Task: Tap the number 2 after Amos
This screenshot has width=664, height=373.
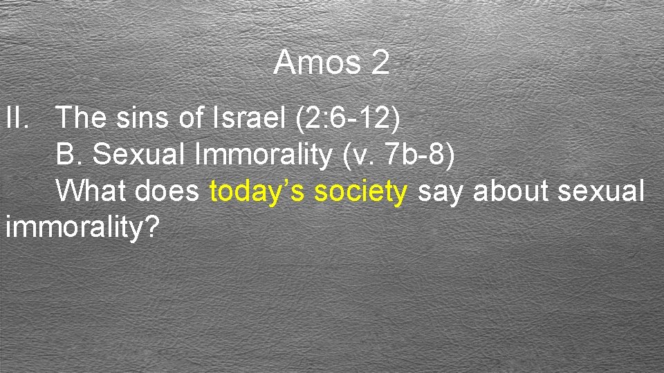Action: click(x=380, y=64)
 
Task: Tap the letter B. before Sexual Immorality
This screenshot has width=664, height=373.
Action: click(x=70, y=155)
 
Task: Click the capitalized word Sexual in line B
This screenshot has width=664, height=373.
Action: click(x=141, y=155)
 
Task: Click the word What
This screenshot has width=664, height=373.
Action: click(x=91, y=191)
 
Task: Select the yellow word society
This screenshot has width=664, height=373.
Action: click(x=360, y=192)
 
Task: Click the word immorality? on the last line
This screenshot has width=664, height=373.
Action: click(x=82, y=229)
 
